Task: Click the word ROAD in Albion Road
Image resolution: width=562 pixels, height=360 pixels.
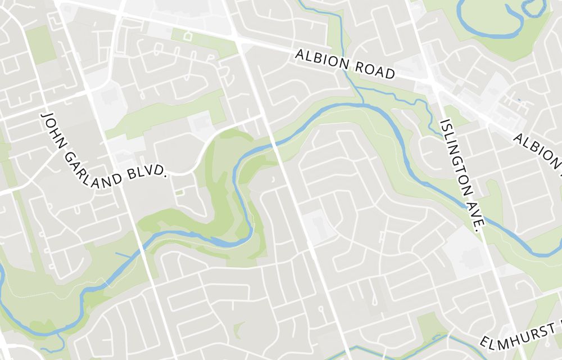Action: [375, 70]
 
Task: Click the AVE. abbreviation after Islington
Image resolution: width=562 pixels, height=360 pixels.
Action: [477, 218]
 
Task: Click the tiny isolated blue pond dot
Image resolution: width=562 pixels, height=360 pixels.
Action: [518, 100]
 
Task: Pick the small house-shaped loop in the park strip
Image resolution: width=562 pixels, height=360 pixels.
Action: [188, 36]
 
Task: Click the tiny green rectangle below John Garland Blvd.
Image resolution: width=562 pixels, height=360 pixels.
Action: [179, 192]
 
